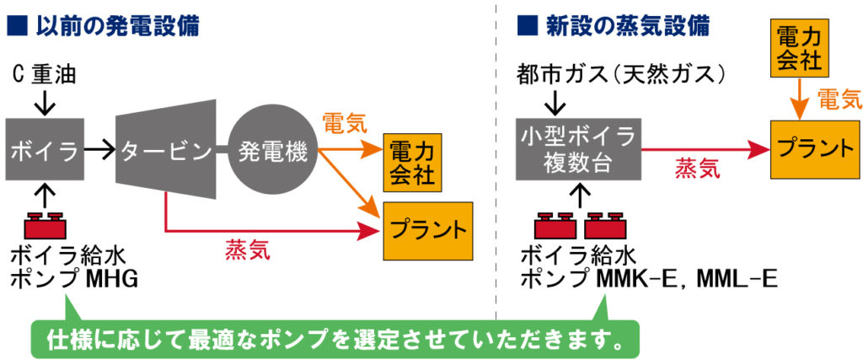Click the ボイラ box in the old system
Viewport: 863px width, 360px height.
[46, 149]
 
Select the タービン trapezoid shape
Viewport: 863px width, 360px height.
[165, 149]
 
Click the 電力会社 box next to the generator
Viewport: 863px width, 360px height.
[412, 163]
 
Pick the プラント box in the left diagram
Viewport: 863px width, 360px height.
[427, 231]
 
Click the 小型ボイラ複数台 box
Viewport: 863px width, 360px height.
[578, 149]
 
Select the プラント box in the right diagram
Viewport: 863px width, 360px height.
[816, 149]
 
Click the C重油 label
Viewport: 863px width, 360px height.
[44, 75]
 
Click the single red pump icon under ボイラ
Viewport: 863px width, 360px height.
[46, 225]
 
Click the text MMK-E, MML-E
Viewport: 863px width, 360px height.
[687, 279]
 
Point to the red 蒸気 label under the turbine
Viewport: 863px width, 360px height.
[248, 250]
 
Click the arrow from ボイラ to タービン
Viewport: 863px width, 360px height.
[99, 148]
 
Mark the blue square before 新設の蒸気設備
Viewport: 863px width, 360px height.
[527, 26]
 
